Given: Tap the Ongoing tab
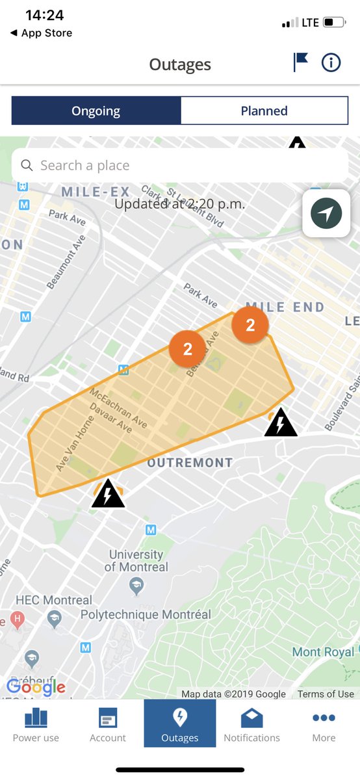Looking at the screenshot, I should click(96, 111).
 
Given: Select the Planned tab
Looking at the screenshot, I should click(264, 111).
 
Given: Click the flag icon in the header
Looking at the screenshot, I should click(300, 62).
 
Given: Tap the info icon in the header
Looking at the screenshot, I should click(331, 62).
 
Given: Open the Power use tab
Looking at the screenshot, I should click(36, 724).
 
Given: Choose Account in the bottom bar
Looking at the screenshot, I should click(108, 724).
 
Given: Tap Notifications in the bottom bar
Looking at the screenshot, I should click(251, 724).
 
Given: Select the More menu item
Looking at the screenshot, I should click(324, 724).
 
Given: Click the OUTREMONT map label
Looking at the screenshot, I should click(190, 463).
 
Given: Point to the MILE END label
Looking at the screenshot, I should click(285, 307).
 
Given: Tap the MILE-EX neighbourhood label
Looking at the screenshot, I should click(96, 192).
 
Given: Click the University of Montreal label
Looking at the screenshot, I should click(136, 561).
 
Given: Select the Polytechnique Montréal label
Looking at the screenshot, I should click(146, 614).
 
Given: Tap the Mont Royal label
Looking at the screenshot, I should click(323, 652).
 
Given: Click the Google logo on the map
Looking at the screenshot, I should click(36, 686).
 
